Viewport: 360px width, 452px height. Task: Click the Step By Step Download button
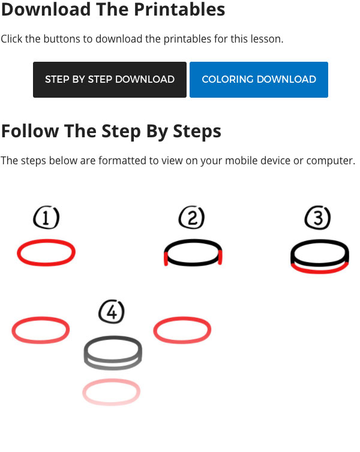[110, 80]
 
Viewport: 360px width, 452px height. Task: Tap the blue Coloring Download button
[259, 80]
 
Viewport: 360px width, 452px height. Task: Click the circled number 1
[46, 218]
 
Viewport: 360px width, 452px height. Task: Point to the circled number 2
[192, 218]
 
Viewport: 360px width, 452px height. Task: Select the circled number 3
[317, 218]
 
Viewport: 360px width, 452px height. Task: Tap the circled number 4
[112, 312]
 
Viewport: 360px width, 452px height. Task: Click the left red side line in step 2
[166, 258]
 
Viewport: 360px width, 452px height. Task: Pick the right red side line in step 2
[220, 257]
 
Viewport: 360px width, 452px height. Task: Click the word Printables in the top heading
[179, 9]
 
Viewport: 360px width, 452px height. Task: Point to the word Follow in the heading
[30, 131]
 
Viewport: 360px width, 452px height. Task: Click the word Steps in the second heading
[197, 131]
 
